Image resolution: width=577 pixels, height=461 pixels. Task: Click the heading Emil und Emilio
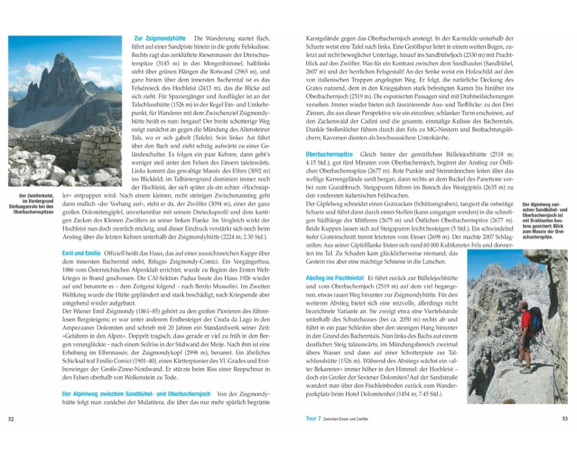point(82,252)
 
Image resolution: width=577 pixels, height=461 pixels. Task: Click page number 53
point(564,419)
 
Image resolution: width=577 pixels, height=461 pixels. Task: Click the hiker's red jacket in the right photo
point(525,322)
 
